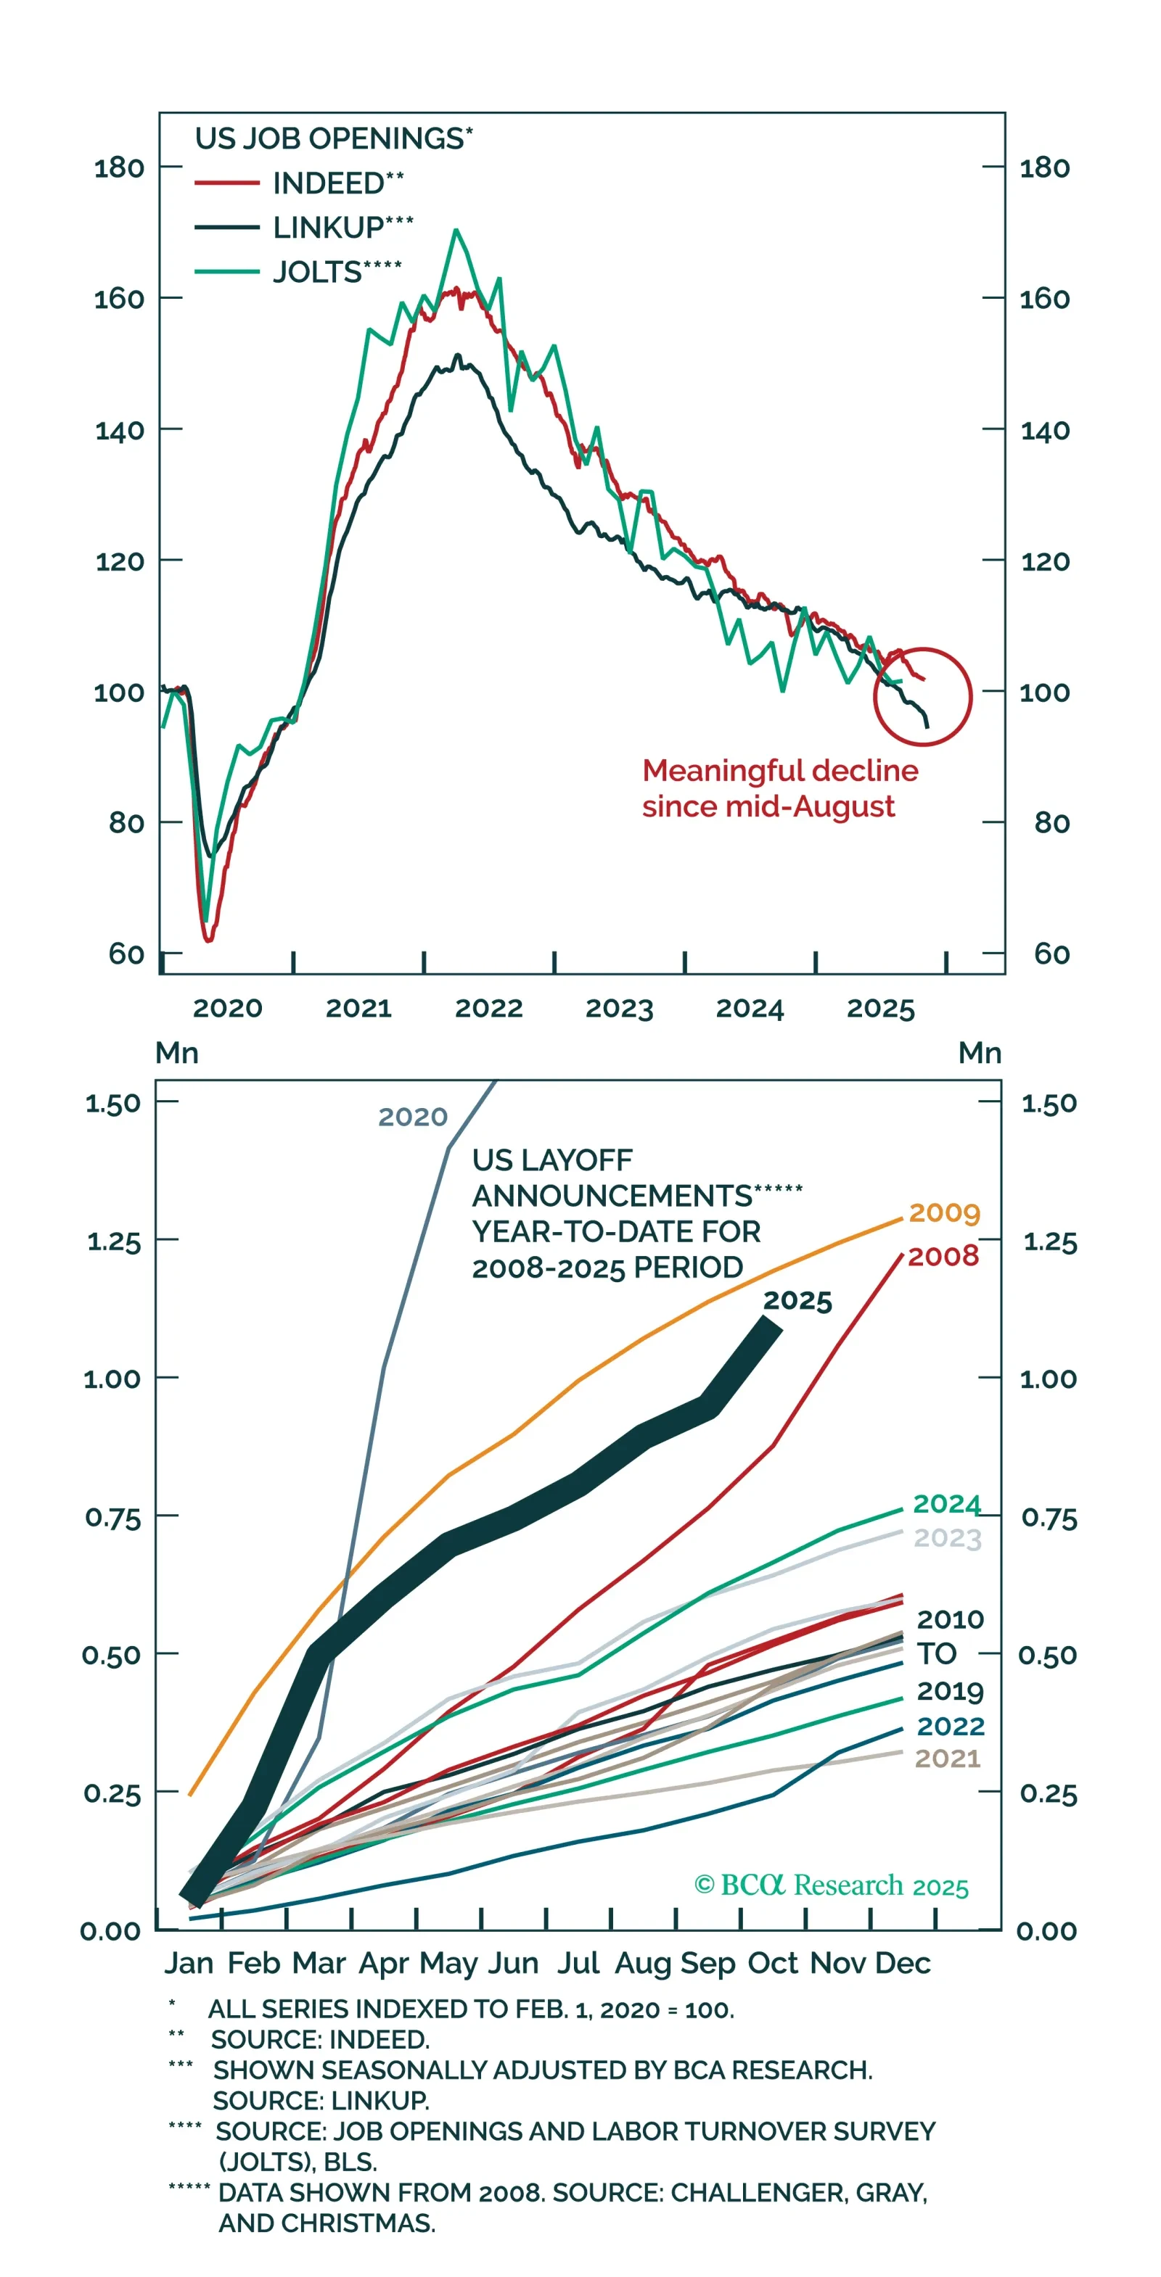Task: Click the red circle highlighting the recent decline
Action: (922, 697)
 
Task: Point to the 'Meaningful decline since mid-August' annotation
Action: (779, 788)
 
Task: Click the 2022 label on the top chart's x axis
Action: (488, 1008)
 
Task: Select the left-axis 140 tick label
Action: (120, 431)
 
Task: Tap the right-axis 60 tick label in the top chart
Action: (1051, 954)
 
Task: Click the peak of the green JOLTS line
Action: (456, 231)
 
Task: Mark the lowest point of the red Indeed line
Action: (209, 941)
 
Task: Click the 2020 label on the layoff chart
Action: (413, 1117)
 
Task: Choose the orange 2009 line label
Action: (944, 1212)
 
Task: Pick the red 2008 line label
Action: (943, 1256)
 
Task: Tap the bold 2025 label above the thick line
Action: (797, 1300)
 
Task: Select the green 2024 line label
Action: (946, 1503)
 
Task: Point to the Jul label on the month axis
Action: (578, 1962)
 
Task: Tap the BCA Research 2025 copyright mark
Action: (831, 1885)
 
